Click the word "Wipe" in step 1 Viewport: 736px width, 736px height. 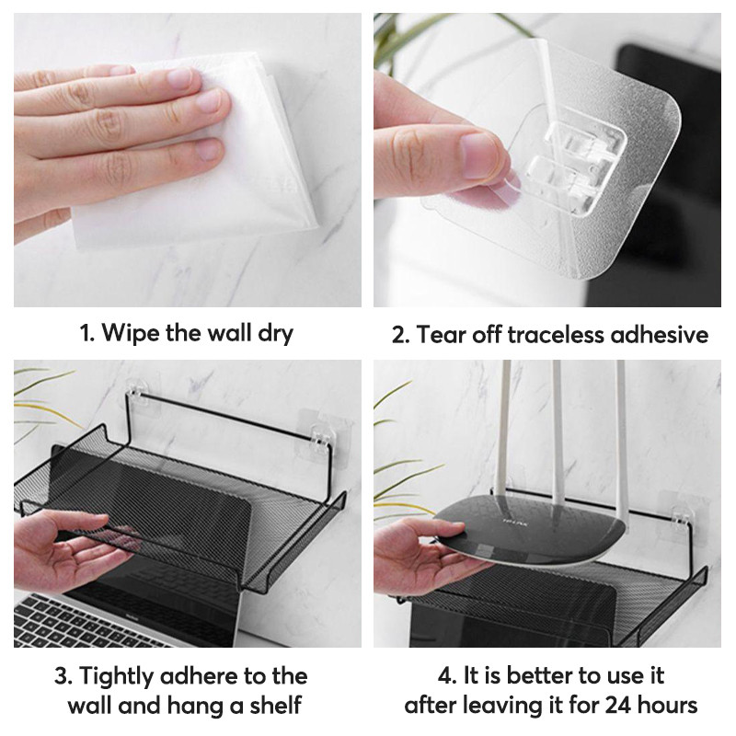pyautogui.click(x=129, y=333)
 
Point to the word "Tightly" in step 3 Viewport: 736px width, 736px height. pyautogui.click(x=117, y=678)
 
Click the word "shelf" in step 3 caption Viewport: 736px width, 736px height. pyautogui.click(x=275, y=705)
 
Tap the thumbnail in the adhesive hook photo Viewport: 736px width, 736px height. pyautogui.click(x=478, y=155)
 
